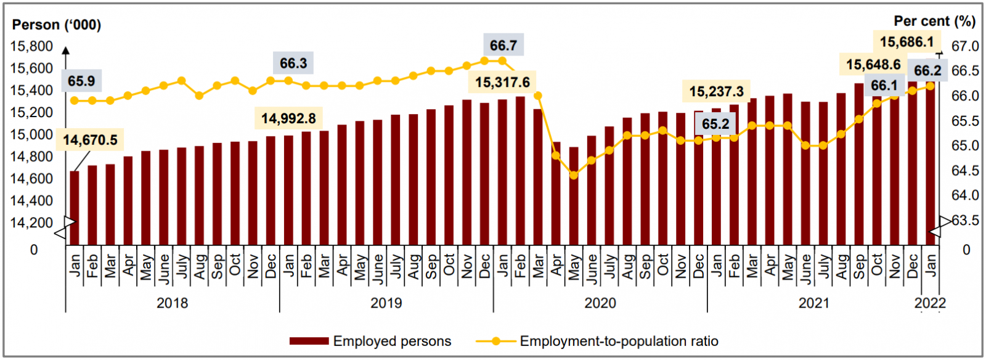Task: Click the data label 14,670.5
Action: (x=90, y=140)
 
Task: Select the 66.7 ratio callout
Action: (x=503, y=46)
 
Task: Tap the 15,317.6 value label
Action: (x=502, y=82)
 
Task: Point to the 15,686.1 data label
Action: (x=907, y=42)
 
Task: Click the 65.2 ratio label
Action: (x=715, y=124)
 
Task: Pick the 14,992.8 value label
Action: (x=288, y=118)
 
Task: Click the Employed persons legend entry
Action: (x=370, y=341)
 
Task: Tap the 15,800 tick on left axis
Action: (x=31, y=46)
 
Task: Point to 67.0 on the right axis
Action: (x=965, y=46)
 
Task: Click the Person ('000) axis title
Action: (x=57, y=25)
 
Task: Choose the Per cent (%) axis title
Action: (x=934, y=21)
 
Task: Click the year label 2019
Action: (x=386, y=303)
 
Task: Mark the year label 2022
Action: (x=930, y=303)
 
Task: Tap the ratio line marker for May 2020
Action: (x=574, y=176)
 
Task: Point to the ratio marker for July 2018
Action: (x=181, y=81)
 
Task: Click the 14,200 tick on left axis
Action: (x=31, y=223)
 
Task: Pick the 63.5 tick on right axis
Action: (x=965, y=220)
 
